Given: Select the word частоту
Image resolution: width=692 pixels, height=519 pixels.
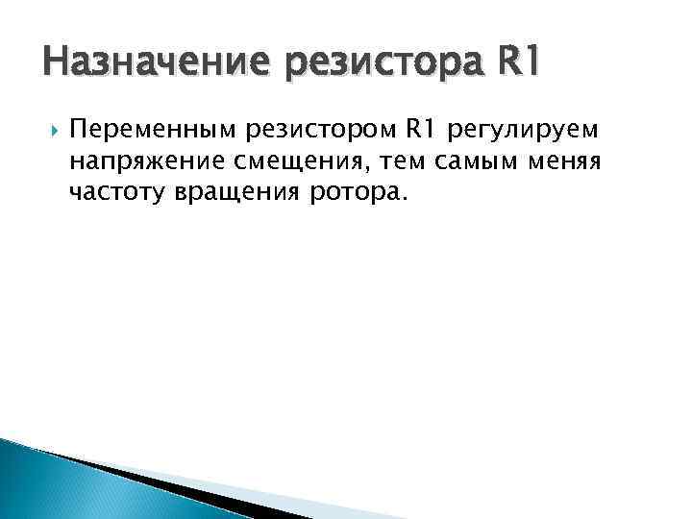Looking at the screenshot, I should (117, 192).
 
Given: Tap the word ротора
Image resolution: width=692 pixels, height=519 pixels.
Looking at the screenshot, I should (347, 193).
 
